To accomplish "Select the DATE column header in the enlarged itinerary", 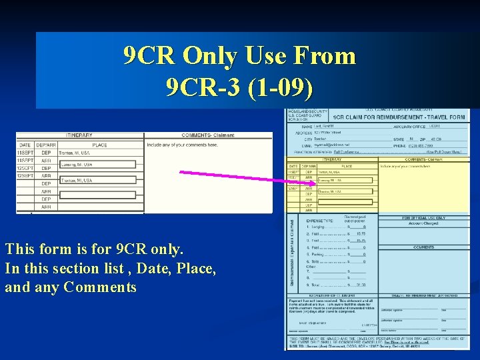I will (x=25, y=145).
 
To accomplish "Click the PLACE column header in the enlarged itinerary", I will (x=100, y=145).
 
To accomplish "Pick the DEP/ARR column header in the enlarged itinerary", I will (x=46, y=145).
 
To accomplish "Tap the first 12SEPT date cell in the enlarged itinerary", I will (x=25, y=168).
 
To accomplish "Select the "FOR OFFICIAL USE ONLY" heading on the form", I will (x=424, y=218).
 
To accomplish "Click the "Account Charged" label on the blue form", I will (x=424, y=223).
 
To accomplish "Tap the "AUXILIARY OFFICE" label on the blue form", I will (x=408, y=126).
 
